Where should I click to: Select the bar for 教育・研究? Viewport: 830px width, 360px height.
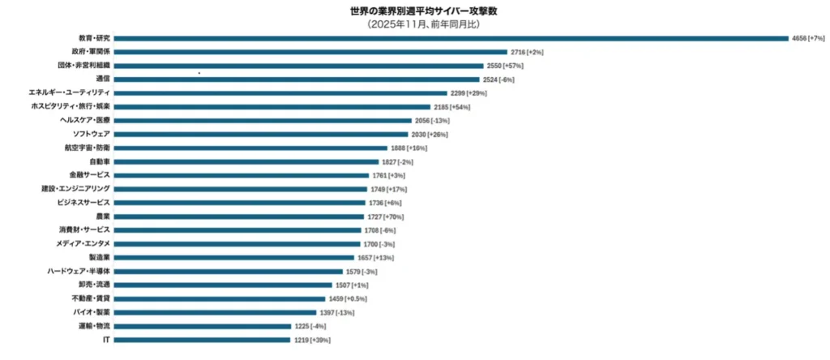pyautogui.click(x=451, y=37)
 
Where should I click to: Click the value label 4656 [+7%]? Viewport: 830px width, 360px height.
pyautogui.click(x=807, y=37)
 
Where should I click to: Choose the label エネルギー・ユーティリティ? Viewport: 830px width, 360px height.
pyautogui.click(x=69, y=92)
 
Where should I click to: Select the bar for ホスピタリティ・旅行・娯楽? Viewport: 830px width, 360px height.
pyautogui.click(x=272, y=106)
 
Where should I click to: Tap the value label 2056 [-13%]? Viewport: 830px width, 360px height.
pyautogui.click(x=432, y=120)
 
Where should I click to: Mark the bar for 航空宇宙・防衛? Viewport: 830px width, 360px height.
pyautogui.click(x=250, y=148)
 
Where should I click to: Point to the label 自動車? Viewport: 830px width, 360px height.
pyautogui.click(x=101, y=161)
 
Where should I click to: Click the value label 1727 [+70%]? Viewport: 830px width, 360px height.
pyautogui.click(x=386, y=216)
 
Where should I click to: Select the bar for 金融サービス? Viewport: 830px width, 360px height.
pyautogui.click(x=242, y=175)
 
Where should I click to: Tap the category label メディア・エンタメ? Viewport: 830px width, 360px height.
pyautogui.click(x=83, y=243)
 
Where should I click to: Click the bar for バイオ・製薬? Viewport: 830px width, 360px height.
pyautogui.click(x=215, y=312)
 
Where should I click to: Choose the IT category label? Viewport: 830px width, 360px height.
pyautogui.click(x=106, y=340)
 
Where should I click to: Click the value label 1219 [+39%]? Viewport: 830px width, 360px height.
pyautogui.click(x=312, y=340)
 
